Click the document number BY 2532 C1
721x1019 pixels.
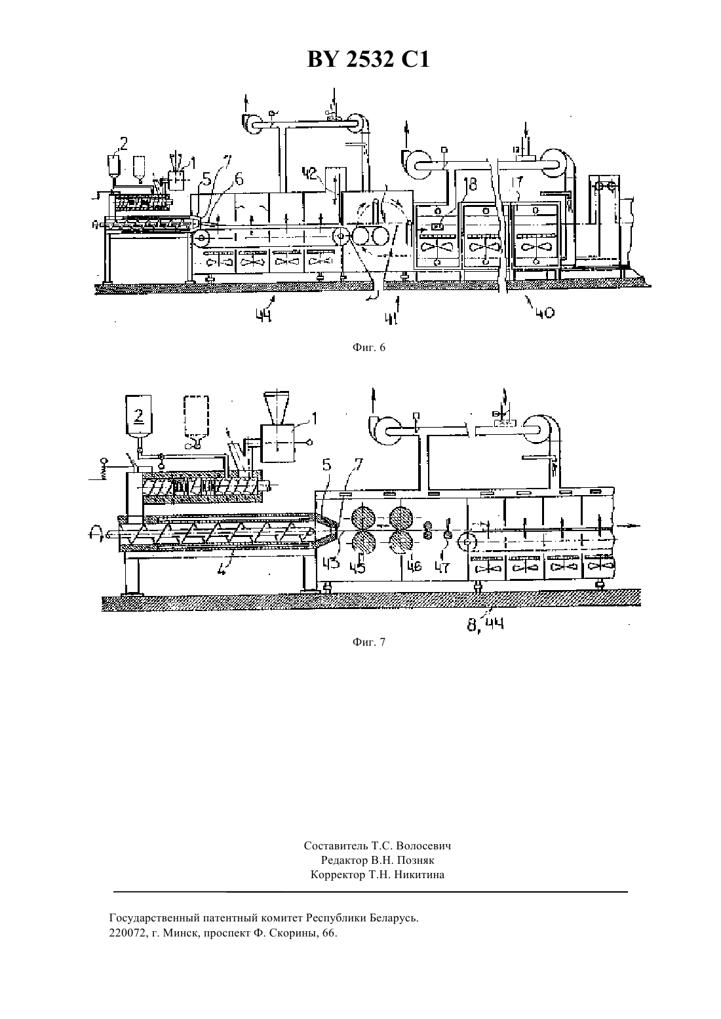coord(368,60)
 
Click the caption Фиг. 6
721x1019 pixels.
coord(368,348)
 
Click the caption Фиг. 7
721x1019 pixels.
coord(368,642)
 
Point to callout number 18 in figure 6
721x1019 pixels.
coord(470,184)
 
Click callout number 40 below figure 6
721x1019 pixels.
coord(545,312)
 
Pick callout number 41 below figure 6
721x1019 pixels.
coord(391,318)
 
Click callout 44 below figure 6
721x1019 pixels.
coord(263,314)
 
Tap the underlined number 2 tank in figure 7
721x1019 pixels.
coord(139,415)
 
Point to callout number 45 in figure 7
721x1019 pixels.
coord(357,567)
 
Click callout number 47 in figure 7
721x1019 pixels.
coord(442,567)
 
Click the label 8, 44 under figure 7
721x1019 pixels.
coord(485,625)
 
